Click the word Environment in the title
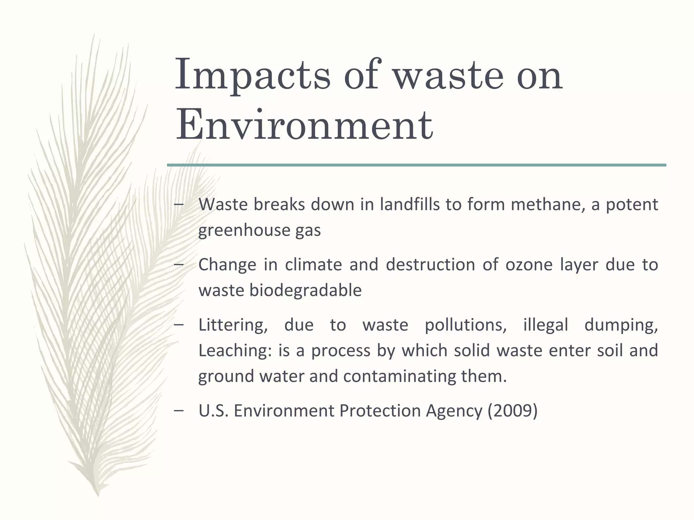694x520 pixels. pyautogui.click(x=304, y=126)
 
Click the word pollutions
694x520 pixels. pyautogui.click(x=466, y=325)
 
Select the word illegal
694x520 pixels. pyautogui.click(x=546, y=325)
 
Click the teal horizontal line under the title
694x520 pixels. pyautogui.click(x=416, y=165)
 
